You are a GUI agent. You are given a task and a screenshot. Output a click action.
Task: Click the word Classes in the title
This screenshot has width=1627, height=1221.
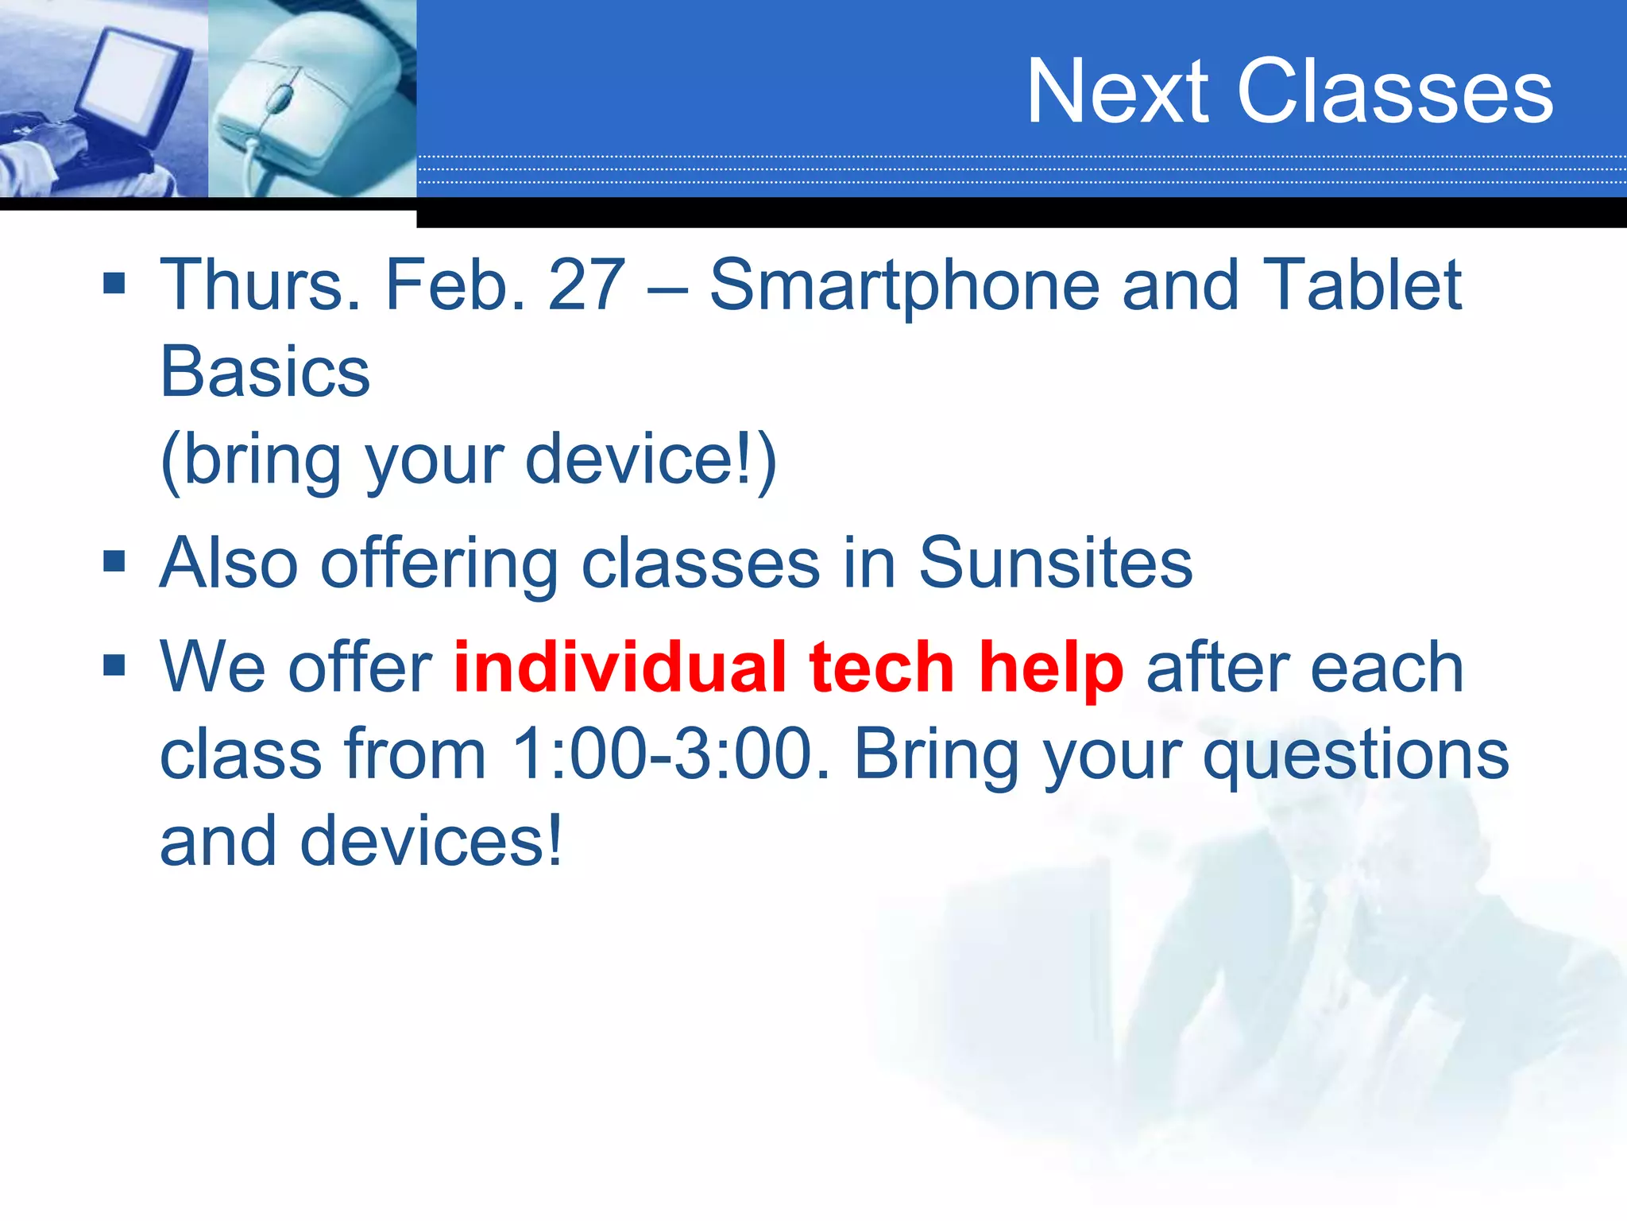pyautogui.click(x=1394, y=92)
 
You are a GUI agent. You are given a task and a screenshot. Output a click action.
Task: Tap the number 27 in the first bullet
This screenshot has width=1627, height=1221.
pyautogui.click(x=586, y=285)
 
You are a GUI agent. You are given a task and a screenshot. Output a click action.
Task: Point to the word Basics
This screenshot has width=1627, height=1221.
pyautogui.click(x=265, y=372)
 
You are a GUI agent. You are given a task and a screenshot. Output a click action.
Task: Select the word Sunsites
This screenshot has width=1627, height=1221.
pyautogui.click(x=1055, y=563)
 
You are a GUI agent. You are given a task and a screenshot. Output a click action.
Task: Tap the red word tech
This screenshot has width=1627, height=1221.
pyautogui.click(x=881, y=667)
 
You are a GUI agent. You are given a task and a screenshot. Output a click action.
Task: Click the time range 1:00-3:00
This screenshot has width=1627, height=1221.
pyautogui.click(x=670, y=754)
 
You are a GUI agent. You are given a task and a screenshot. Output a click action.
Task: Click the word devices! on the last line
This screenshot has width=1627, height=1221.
pyautogui.click(x=431, y=841)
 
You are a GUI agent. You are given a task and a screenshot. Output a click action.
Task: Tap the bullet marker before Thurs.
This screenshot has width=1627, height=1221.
pyautogui.click(x=114, y=283)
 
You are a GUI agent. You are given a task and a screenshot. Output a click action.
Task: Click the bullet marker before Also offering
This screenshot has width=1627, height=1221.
pyautogui.click(x=114, y=561)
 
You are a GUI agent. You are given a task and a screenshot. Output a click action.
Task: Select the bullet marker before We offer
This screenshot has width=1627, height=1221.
pyautogui.click(x=114, y=665)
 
